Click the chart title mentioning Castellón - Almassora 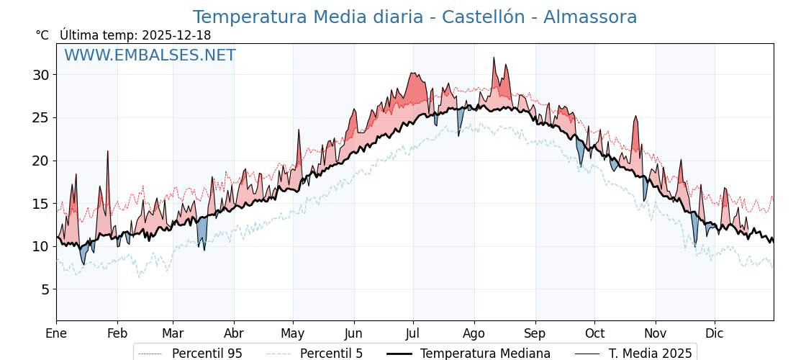415,17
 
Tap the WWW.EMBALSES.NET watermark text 150,55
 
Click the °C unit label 42,35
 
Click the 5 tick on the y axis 45,289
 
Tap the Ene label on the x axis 56,333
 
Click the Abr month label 234,333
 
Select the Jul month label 413,333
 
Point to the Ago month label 474,333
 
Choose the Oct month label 594,333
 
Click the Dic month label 715,333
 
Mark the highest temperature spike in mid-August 494,58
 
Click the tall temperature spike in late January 107,152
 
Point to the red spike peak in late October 635,117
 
